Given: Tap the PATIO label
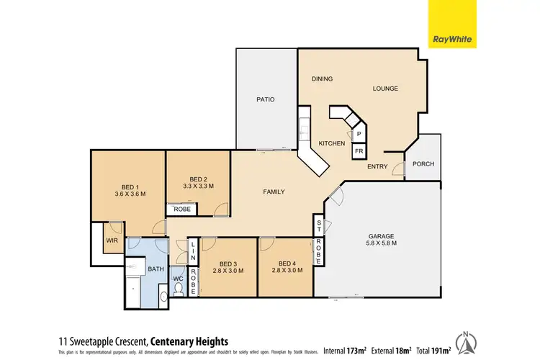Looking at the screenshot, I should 266,99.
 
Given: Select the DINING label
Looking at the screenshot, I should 322,78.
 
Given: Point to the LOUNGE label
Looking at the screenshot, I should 385,89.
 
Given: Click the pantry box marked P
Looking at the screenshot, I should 359,134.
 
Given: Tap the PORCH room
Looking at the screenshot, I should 423,163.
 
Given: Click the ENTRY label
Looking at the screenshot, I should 377,167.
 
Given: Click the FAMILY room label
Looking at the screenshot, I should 273,192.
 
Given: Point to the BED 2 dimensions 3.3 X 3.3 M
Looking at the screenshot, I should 199,186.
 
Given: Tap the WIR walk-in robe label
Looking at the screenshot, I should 112,241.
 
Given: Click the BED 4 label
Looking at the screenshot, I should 286,263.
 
